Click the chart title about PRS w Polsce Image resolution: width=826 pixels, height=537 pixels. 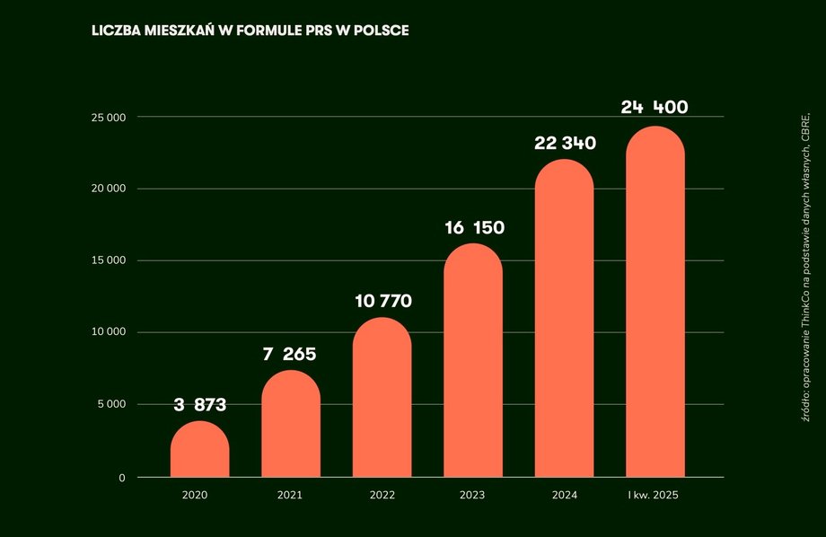coord(250,31)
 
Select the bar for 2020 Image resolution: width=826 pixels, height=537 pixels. coord(200,450)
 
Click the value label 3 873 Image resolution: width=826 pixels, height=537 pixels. coord(200,405)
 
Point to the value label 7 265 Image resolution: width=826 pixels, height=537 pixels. coord(291,354)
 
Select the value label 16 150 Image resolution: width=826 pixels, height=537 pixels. coord(474,228)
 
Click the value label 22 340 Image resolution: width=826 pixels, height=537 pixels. coord(566,144)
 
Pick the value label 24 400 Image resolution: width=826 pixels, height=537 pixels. coord(655,108)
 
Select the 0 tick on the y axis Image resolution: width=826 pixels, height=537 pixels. coord(121,478)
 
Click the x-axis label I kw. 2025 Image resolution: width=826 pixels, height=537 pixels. coord(655,495)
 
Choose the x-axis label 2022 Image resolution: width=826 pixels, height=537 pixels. coord(382,495)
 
